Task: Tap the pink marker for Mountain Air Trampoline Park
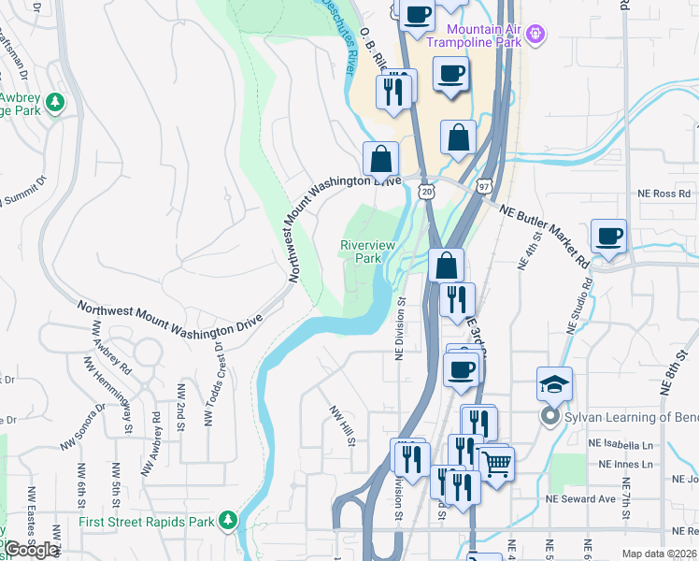pos(535,36)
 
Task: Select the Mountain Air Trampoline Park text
pos(477,36)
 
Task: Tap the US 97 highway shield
pos(483,187)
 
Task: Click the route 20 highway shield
pos(426,191)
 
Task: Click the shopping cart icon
pos(497,462)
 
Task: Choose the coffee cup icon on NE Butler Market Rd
pos(609,237)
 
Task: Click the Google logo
pos(31,550)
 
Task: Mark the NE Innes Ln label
pos(626,464)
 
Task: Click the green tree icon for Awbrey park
pos(55,101)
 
